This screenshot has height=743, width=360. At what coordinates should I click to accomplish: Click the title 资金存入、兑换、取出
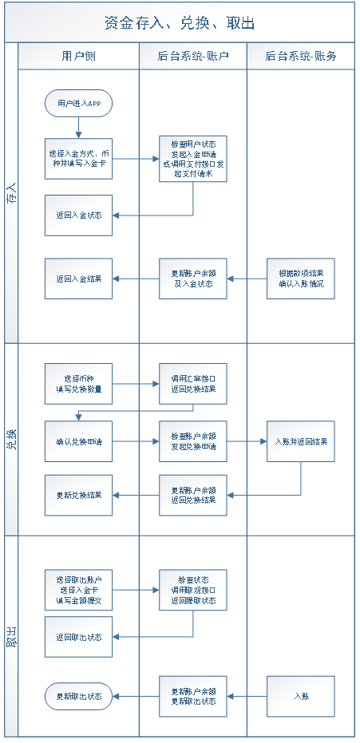(x=180, y=23)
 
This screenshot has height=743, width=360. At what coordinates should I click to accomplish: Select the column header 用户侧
(x=78, y=56)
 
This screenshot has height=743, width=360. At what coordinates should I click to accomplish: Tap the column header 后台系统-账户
(x=192, y=56)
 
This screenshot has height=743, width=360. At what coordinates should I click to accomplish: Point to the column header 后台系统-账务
(x=300, y=56)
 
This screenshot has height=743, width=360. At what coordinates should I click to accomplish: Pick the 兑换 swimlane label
(x=11, y=440)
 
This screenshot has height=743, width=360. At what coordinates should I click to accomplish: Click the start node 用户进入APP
(x=78, y=104)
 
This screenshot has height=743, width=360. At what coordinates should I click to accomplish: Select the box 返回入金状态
(x=78, y=215)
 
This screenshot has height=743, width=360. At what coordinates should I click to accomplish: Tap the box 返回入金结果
(x=78, y=279)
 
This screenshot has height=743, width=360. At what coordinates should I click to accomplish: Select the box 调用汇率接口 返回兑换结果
(x=192, y=384)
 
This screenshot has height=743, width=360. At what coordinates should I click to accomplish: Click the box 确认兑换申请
(x=78, y=441)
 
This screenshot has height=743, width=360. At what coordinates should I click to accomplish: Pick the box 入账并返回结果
(x=301, y=441)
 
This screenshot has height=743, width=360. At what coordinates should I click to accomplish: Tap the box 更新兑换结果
(x=78, y=495)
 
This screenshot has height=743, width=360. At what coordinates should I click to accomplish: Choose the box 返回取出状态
(x=78, y=637)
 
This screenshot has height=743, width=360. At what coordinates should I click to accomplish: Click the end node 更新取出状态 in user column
(x=78, y=696)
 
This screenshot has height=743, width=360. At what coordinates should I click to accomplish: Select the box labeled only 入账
(x=301, y=696)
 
